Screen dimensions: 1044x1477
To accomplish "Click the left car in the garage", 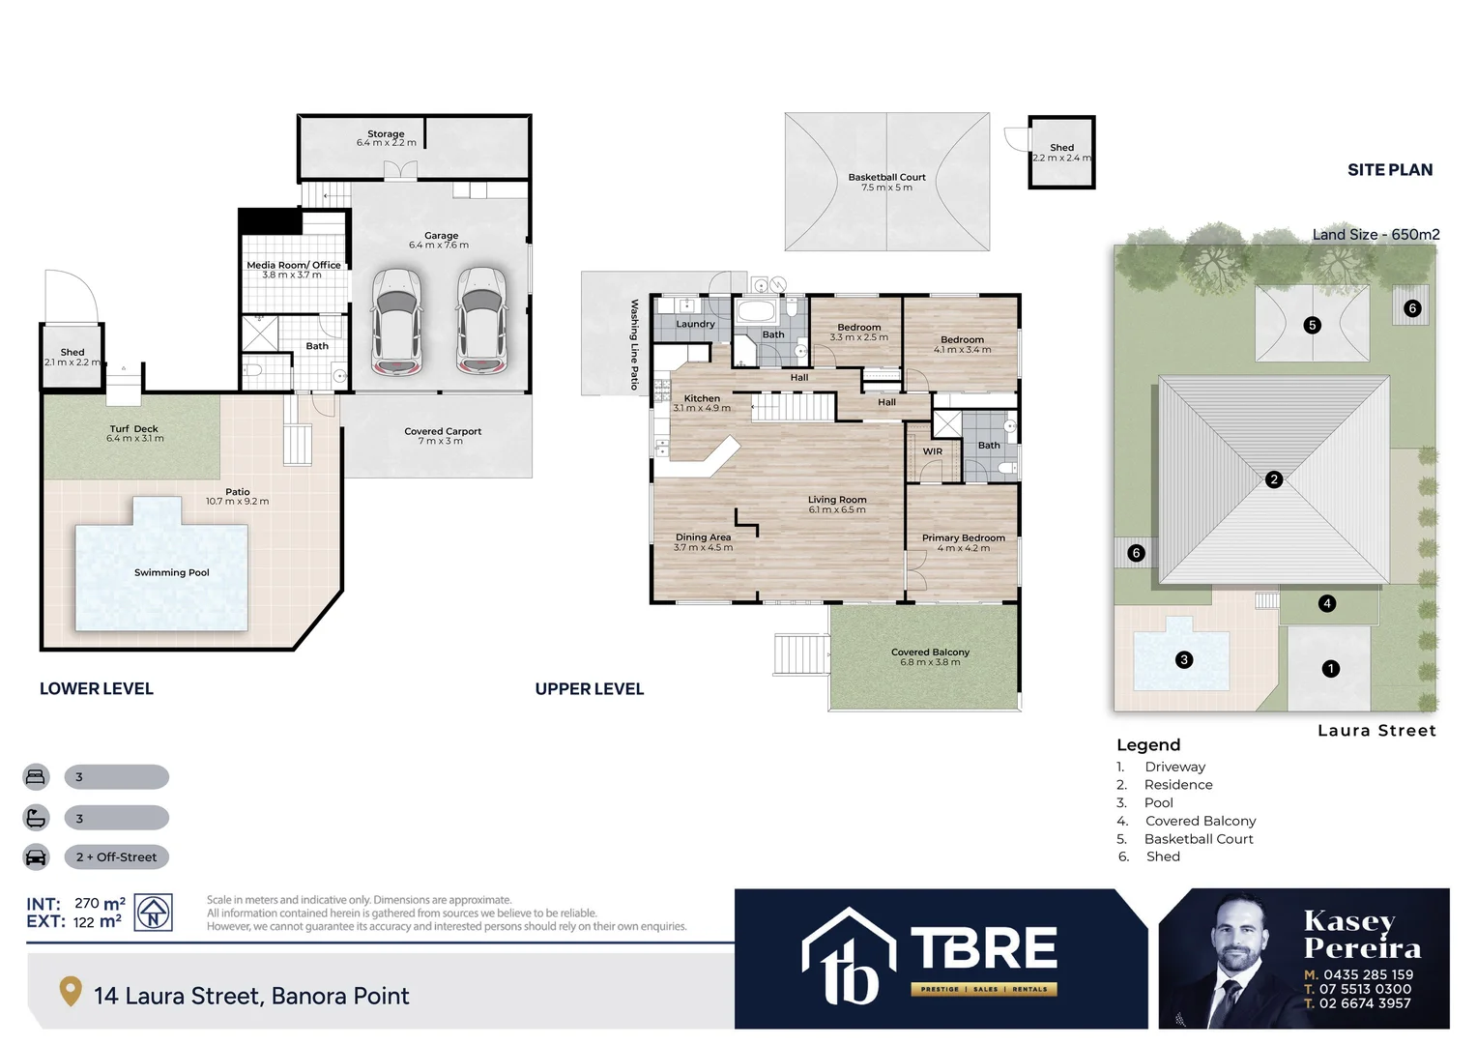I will [396, 321].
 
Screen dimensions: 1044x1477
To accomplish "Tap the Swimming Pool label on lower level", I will [171, 572].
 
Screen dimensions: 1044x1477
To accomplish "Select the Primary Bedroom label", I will [963, 537].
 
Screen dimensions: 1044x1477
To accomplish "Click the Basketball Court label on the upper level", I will [886, 177].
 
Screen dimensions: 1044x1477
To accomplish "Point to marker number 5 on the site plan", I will [1312, 325].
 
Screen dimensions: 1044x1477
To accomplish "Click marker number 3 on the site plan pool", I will [1183, 659].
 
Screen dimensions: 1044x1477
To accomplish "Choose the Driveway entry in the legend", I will [1174, 767].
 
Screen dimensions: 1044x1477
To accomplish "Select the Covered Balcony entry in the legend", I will [1200, 821].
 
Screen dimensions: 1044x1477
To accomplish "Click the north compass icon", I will [153, 913].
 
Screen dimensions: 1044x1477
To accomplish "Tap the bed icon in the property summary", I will [36, 776].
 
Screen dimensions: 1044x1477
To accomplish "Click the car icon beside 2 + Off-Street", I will [36, 857].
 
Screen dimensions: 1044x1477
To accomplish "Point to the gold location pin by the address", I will [70, 992].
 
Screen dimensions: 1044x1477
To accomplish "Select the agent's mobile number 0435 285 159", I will [1367, 974].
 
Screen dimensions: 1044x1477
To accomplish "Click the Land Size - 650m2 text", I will [1376, 234].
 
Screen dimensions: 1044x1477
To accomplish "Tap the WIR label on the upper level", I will [932, 451].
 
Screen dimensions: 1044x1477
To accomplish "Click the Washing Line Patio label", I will [634, 344].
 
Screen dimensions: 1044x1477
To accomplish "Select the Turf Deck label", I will [133, 428].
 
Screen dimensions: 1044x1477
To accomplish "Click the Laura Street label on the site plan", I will [1376, 731].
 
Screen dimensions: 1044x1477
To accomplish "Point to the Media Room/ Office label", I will [293, 265].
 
